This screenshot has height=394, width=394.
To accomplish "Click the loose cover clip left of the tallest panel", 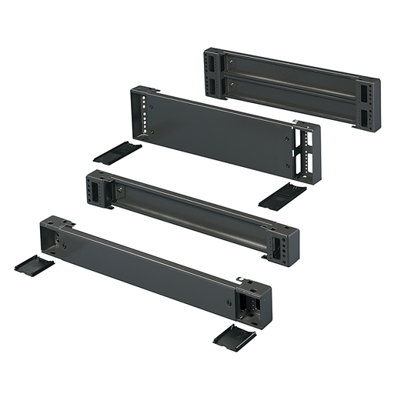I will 117,151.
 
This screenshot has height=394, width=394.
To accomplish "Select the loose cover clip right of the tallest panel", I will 282,195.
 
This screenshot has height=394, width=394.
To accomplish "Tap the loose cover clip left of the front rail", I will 34,265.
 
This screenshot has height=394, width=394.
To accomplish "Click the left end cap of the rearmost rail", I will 213,74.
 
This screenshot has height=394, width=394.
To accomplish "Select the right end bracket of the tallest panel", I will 306,154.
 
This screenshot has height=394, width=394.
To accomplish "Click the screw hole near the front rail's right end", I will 229,302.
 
